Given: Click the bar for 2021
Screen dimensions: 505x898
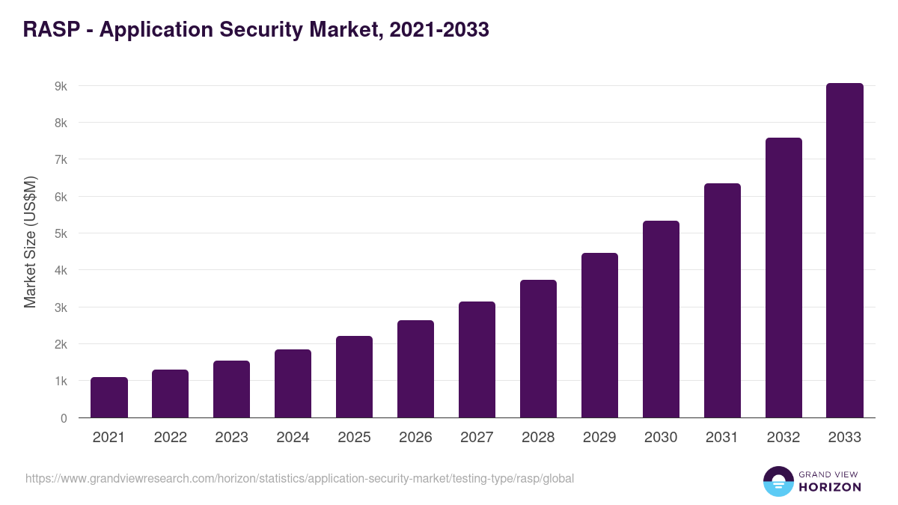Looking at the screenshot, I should click(109, 397).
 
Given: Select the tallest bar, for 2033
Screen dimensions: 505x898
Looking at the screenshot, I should click(845, 251).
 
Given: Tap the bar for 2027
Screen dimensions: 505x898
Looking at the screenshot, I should click(477, 360).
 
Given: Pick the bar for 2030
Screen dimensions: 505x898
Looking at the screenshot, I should click(661, 319).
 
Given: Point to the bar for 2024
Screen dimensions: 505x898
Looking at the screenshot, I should click(293, 384).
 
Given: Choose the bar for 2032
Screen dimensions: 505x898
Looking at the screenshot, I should click(784, 278).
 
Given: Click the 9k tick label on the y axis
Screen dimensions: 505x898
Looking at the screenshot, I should click(61, 86).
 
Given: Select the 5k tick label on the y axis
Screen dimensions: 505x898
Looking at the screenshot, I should click(61, 233).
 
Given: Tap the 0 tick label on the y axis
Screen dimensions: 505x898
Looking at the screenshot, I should click(64, 418).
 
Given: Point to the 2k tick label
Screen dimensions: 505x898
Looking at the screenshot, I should click(61, 344).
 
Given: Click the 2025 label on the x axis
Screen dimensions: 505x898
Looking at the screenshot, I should click(354, 438).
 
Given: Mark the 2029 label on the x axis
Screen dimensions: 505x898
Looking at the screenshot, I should click(599, 438).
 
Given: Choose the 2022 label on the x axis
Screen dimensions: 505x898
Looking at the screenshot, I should click(170, 438).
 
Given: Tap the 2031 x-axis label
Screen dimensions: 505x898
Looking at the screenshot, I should click(722, 438).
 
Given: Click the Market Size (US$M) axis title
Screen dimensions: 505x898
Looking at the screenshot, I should click(30, 242).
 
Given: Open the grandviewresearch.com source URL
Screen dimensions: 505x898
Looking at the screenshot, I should click(299, 478).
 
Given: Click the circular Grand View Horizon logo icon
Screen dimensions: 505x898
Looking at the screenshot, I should click(778, 481).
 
